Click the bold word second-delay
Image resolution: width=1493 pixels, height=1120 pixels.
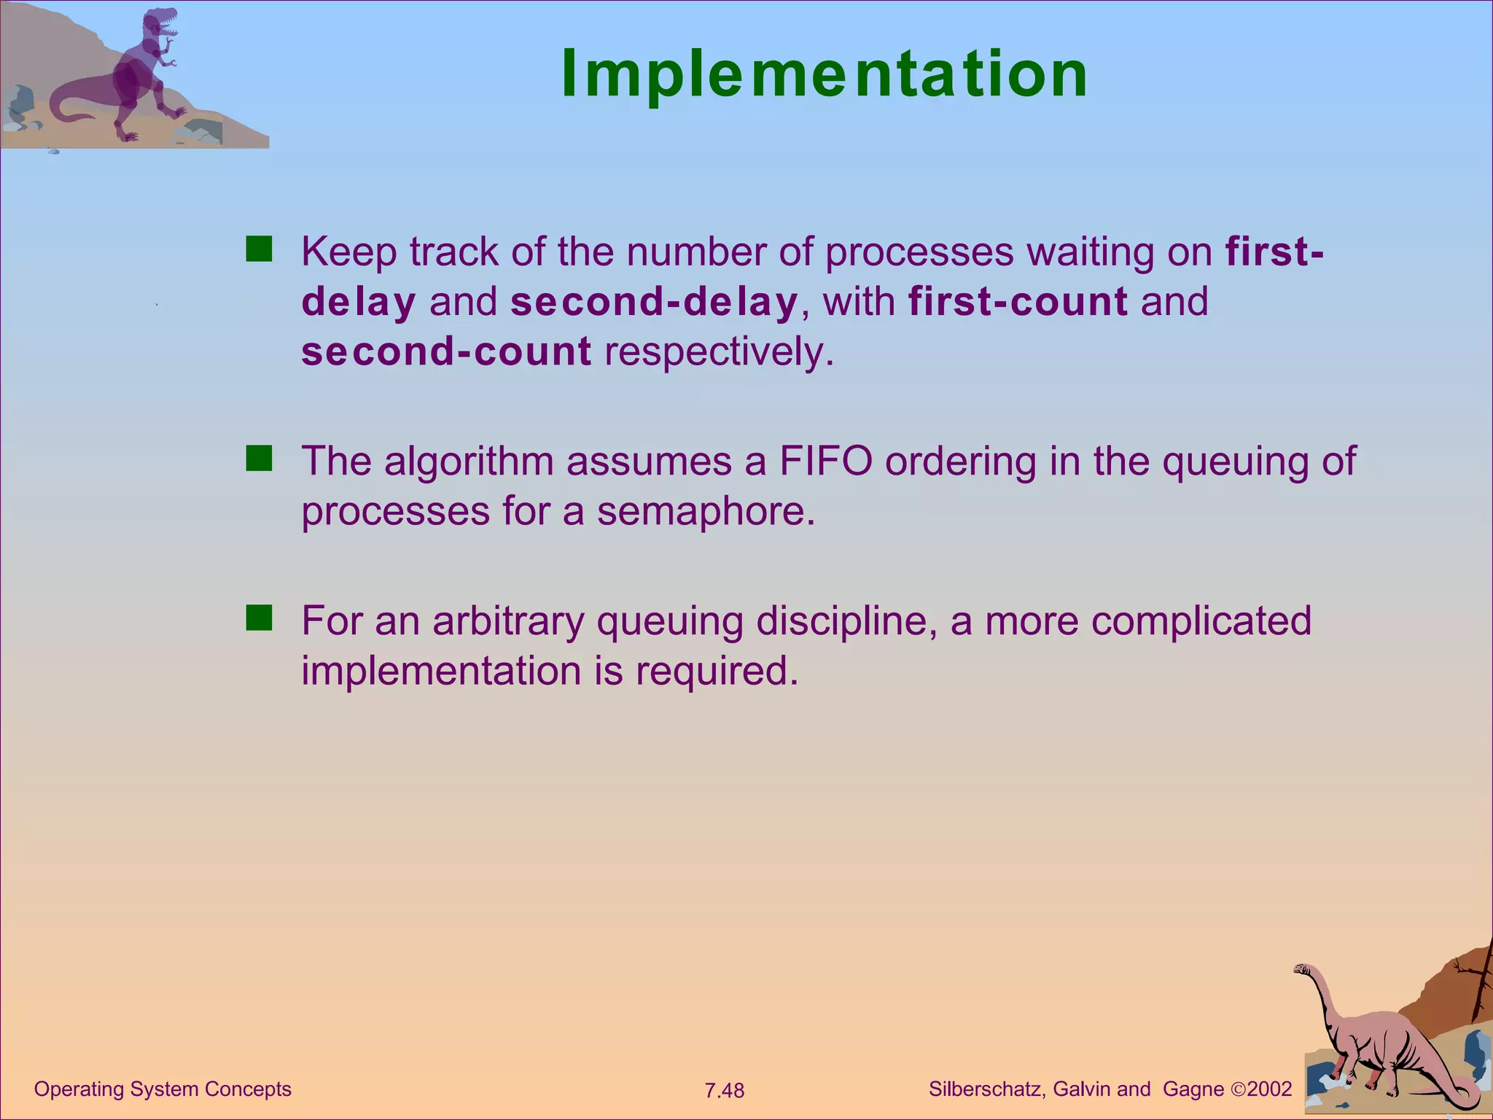tap(654, 302)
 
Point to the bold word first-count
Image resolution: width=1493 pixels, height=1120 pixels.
tap(1018, 302)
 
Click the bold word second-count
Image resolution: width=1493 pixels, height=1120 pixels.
tap(446, 352)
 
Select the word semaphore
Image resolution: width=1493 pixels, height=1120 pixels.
tap(705, 511)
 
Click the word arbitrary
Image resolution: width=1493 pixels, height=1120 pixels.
tap(508, 621)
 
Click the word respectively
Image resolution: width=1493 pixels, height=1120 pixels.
tap(718, 352)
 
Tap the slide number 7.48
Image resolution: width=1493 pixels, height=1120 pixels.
tap(724, 1091)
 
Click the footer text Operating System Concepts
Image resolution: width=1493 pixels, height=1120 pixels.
tap(163, 1089)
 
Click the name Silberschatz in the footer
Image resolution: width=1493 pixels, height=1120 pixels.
tap(987, 1089)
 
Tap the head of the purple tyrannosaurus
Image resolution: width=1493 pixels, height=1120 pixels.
tap(162, 23)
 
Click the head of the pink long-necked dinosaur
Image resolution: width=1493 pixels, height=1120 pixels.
tap(1302, 969)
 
